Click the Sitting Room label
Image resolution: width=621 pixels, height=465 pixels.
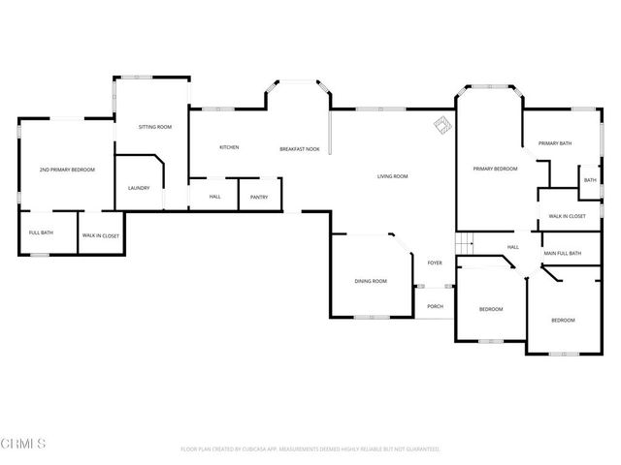click(x=155, y=127)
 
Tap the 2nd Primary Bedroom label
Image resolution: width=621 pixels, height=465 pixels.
click(x=67, y=170)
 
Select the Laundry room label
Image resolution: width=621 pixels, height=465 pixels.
click(x=139, y=188)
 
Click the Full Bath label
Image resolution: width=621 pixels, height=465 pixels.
click(x=41, y=233)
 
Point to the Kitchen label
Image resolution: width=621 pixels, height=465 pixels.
click(x=229, y=147)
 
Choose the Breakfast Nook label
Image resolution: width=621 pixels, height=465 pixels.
click(x=300, y=148)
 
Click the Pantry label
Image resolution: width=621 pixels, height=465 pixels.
click(x=259, y=197)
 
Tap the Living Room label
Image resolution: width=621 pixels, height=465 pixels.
click(x=392, y=176)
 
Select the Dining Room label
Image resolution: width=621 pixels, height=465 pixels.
click(x=371, y=281)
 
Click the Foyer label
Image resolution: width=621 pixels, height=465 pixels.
click(x=435, y=263)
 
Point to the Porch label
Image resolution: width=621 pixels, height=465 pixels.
click(x=435, y=306)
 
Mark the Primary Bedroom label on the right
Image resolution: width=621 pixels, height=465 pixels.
click(x=495, y=169)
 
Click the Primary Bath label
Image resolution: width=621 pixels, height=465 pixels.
click(x=555, y=143)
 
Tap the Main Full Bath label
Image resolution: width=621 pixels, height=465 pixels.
click(x=562, y=254)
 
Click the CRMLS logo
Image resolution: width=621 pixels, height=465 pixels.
click(x=24, y=445)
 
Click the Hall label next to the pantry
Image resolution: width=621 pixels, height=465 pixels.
click(x=214, y=197)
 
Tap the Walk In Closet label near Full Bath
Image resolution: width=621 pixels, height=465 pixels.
click(x=100, y=234)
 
